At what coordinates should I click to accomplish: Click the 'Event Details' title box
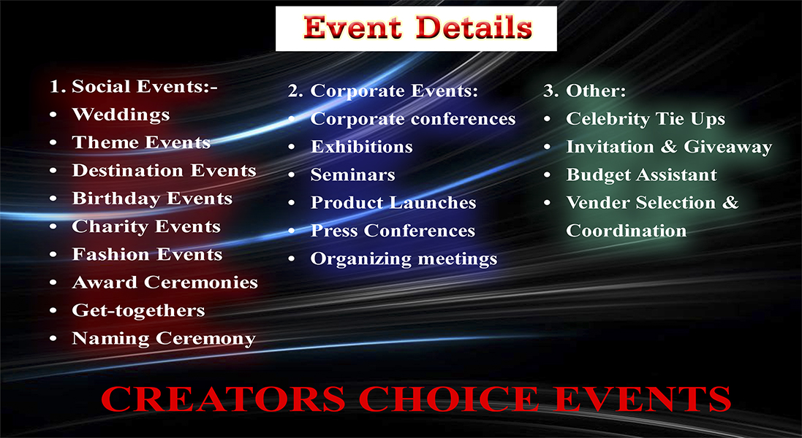point(416,28)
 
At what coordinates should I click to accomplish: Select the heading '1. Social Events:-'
point(134,87)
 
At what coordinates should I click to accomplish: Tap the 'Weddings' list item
point(121,115)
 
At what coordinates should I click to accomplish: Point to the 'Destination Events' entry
point(164,171)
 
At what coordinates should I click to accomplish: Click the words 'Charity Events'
point(146,226)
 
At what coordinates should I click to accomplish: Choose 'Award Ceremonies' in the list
point(164,283)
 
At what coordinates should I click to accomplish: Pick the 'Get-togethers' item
point(138,310)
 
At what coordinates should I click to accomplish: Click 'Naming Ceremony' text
point(164,339)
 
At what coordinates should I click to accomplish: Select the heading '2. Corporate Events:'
point(382,91)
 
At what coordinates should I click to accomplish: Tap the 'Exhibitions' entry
point(361,147)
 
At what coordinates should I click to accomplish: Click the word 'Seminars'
point(352,175)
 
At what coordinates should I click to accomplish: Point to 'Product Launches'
point(393,203)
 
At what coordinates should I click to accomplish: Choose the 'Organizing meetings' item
point(404,258)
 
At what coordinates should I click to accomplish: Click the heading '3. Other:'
point(584,91)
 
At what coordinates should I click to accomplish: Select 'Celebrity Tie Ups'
point(646,119)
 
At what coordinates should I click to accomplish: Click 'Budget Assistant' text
point(641,175)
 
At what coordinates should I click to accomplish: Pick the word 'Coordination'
point(627,231)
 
